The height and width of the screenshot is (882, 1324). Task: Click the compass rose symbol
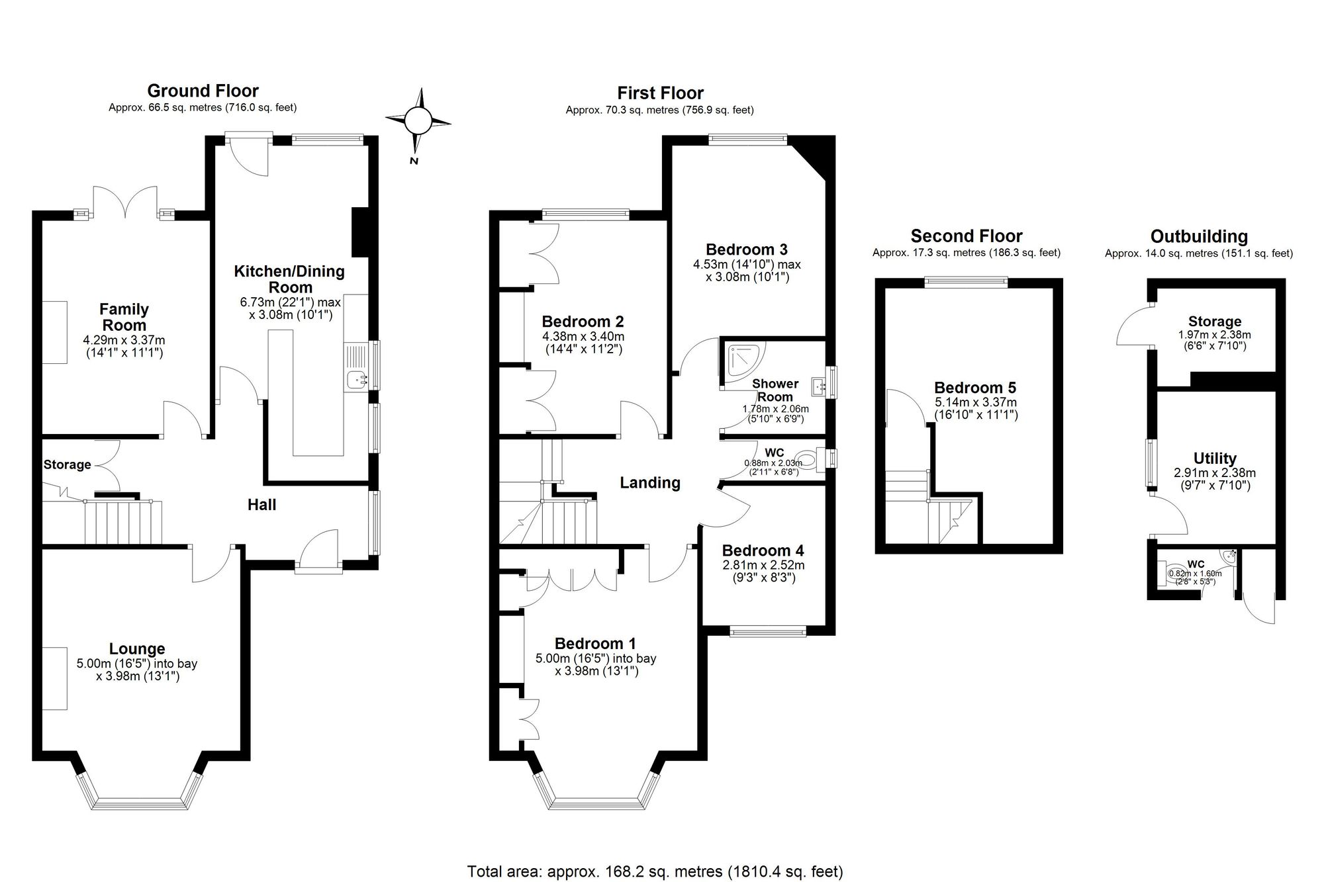(418, 121)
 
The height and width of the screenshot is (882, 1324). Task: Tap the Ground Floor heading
(203, 91)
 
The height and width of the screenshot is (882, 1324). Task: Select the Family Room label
(124, 317)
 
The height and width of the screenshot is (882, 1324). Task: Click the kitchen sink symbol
(358, 379)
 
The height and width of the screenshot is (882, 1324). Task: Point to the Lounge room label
(137, 649)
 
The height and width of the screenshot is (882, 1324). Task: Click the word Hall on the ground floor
(261, 505)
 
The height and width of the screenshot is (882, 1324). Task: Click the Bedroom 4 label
(763, 551)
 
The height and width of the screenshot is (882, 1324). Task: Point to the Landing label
(649, 483)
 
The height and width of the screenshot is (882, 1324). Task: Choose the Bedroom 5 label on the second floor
(974, 388)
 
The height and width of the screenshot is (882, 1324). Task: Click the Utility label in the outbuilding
(1214, 459)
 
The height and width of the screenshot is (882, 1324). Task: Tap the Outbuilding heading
(1199, 236)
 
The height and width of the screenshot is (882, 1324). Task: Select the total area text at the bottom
(655, 871)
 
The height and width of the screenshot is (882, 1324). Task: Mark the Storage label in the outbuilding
(1214, 322)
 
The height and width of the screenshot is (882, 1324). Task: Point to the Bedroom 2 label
(583, 322)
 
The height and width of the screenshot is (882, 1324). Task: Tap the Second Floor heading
(967, 236)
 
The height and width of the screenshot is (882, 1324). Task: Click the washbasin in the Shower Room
(819, 384)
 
